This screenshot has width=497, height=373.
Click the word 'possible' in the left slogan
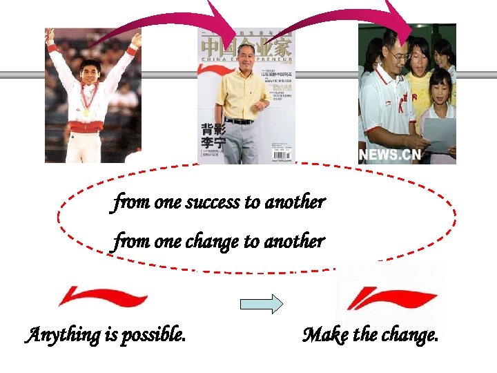click(x=155, y=336)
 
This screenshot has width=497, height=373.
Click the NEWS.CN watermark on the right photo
click(x=390, y=154)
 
